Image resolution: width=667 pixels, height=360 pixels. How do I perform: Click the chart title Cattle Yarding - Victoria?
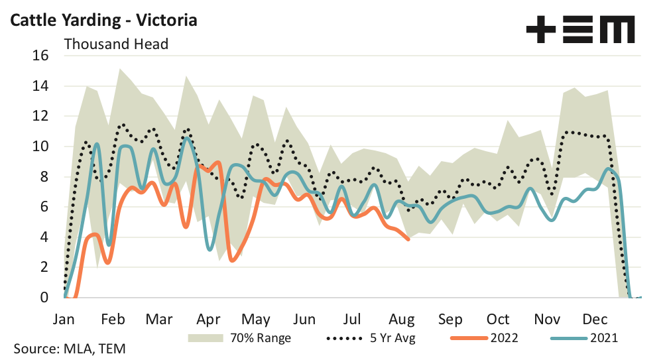(x=103, y=20)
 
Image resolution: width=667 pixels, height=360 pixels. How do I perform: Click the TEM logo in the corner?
(x=580, y=30)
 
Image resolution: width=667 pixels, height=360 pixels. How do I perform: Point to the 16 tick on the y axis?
(x=41, y=56)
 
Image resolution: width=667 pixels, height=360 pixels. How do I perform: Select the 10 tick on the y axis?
(x=41, y=147)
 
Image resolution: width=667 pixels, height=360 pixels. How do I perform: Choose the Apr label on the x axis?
(x=209, y=318)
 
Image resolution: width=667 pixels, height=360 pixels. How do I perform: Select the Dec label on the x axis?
(x=595, y=318)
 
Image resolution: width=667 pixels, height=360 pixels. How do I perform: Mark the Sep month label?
(x=450, y=318)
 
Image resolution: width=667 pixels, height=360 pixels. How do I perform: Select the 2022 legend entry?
(x=484, y=338)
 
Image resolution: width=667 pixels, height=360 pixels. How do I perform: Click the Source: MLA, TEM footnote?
(x=68, y=348)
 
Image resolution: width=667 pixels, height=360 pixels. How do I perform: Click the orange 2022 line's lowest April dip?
(x=232, y=260)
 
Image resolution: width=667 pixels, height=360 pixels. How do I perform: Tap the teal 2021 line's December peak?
(x=609, y=168)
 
